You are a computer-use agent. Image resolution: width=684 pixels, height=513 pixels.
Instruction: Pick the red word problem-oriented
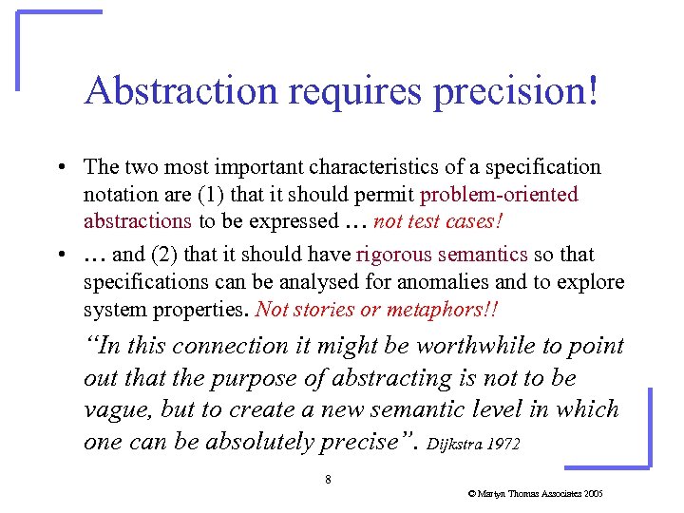point(499,195)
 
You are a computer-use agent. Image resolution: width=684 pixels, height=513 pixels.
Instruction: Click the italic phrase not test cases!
point(438,221)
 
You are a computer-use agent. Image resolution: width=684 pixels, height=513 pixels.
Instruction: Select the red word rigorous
point(397,255)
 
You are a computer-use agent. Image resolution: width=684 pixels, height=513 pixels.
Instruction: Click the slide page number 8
point(328,480)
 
